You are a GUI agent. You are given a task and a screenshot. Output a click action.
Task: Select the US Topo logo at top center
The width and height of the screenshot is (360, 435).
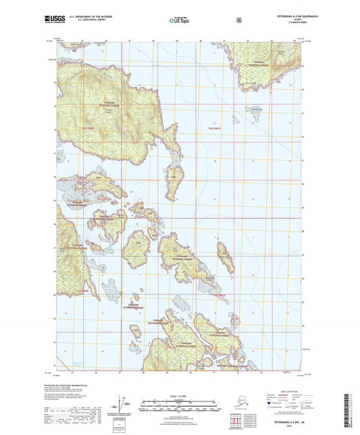click(x=179, y=20)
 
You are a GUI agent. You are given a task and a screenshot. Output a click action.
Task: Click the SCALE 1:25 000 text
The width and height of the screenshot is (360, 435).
click(x=180, y=395)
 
